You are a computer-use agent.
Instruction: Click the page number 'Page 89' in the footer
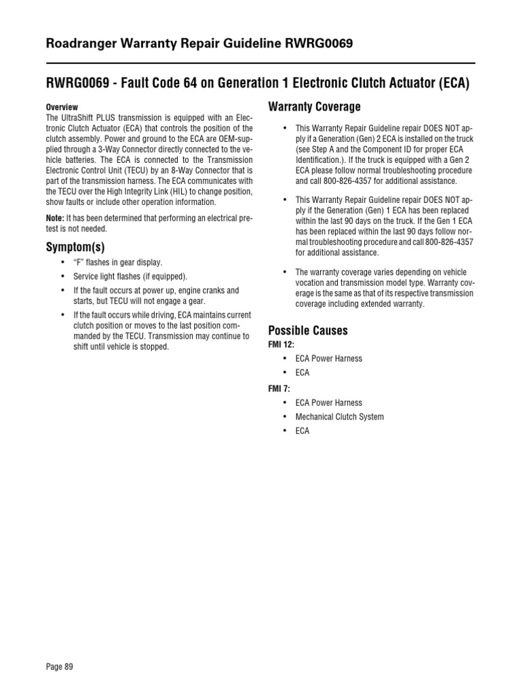pos(59,666)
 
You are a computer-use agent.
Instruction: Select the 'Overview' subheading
pos(62,107)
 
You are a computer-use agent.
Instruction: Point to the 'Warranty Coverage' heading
pos(315,107)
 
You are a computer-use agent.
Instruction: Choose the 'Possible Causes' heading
pos(308,331)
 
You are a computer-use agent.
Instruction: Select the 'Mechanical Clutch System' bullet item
pos(339,417)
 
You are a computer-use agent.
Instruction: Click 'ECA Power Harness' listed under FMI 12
pos(328,358)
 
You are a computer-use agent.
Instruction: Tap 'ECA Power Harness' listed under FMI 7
pos(328,402)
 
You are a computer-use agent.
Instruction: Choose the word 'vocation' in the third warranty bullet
pos(312,282)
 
